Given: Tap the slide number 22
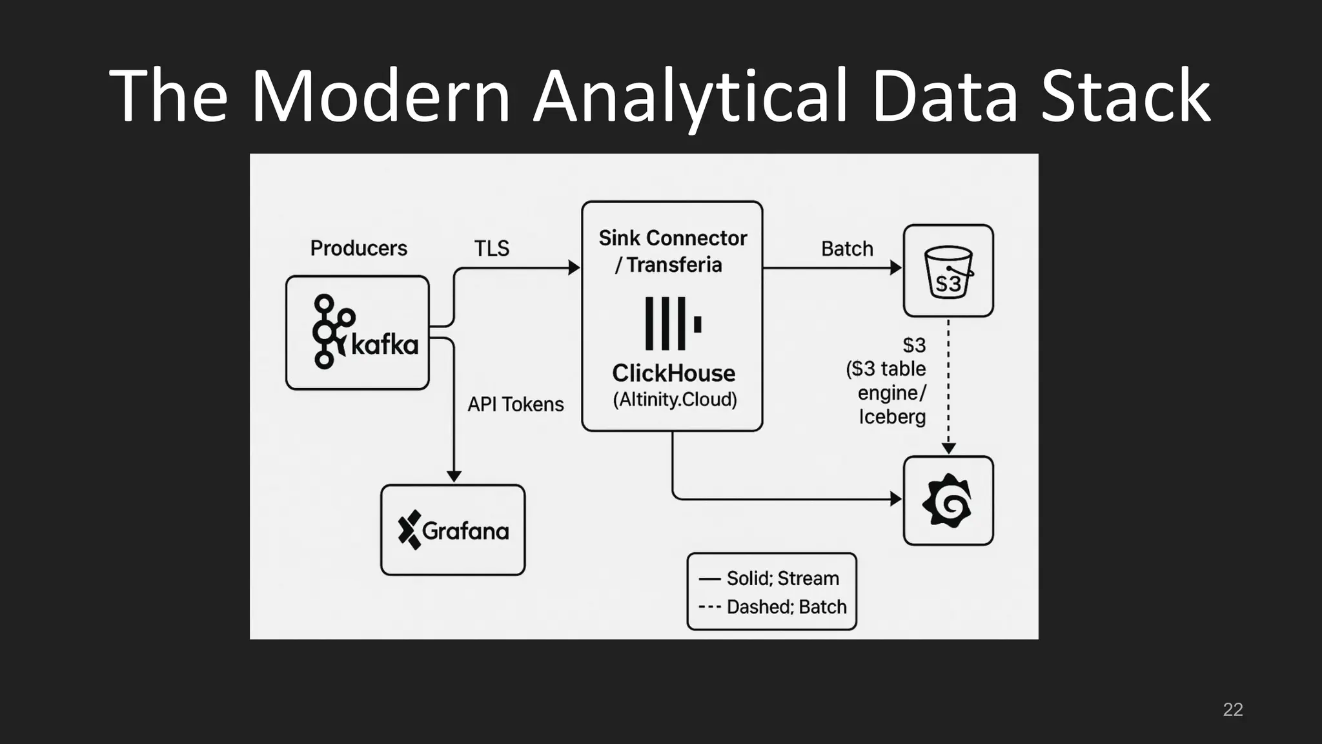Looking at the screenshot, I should pos(1232,709).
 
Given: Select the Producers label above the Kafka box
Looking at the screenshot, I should pos(358,248).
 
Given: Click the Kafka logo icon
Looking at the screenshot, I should pos(332,331).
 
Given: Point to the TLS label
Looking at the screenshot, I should pos(491,248).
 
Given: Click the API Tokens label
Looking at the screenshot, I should pos(515,404).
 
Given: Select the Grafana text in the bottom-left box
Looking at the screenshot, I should pos(465,531).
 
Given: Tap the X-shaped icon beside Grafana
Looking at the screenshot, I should pos(409,530).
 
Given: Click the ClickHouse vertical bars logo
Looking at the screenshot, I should pos(672,324).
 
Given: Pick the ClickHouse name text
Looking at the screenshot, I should pos(673,373).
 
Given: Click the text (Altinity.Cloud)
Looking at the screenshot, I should pos(674,400).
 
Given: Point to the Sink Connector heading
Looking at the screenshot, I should pos(672,238).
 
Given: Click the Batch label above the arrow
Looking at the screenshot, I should pos(846,249).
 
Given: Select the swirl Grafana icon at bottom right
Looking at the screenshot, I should pos(948,501).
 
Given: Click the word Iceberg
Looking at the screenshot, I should pos(891,417).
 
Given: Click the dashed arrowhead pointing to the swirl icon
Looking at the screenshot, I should pos(948,448).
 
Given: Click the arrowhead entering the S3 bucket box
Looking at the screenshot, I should pos(896,267).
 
